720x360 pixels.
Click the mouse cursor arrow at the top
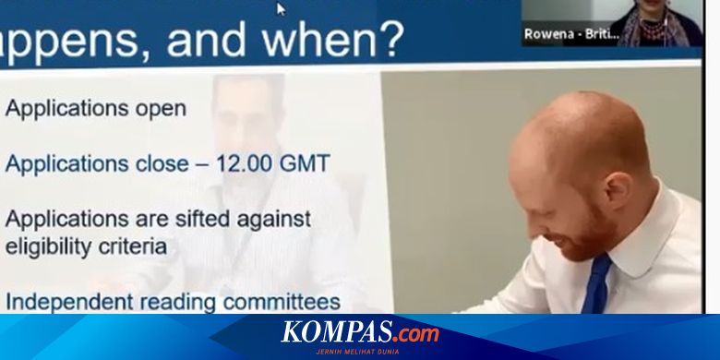coord(282,9)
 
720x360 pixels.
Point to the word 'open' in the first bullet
coord(161,108)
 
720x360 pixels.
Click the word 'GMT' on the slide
coord(306,164)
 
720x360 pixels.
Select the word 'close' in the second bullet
coord(160,164)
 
